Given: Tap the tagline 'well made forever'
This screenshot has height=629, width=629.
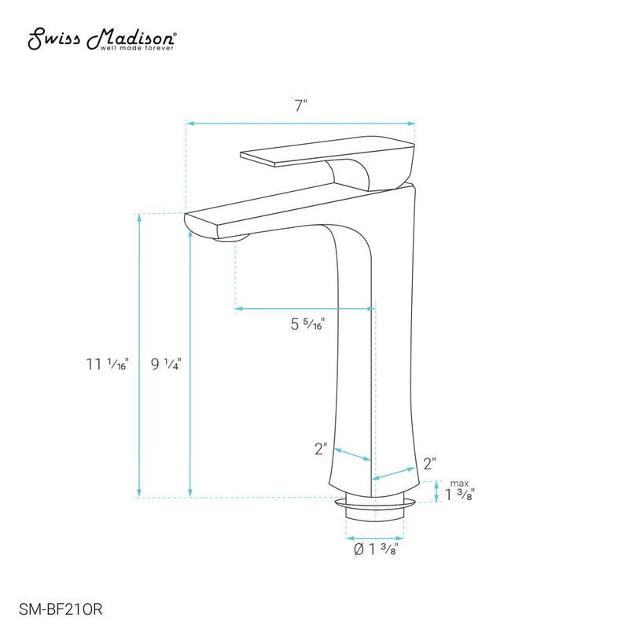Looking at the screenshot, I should coord(138,48).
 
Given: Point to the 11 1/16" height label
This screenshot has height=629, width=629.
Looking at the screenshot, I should coord(108,364).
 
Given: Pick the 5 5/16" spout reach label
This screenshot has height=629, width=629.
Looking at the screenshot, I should coord(307,322).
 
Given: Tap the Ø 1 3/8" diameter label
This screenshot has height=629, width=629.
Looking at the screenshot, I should coord(374,550).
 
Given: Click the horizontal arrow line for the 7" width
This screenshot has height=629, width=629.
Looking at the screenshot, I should coord(300,123).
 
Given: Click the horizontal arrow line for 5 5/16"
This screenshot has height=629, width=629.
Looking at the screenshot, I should coord(304,309).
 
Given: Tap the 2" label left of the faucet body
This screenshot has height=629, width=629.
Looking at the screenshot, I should coord(320,449).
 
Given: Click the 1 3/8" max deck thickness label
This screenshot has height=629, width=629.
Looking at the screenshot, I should coord(461,494).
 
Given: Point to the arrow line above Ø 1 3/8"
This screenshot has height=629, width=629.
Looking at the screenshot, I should coord(374,538).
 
